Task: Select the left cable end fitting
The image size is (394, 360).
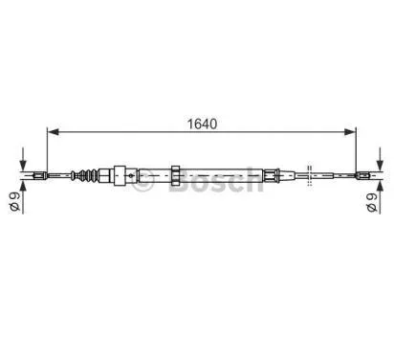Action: coord(39,175)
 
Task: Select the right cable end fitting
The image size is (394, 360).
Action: coord(366,175)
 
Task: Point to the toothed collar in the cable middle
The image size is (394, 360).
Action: coord(176,175)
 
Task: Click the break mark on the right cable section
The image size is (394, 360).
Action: coord(310,175)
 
